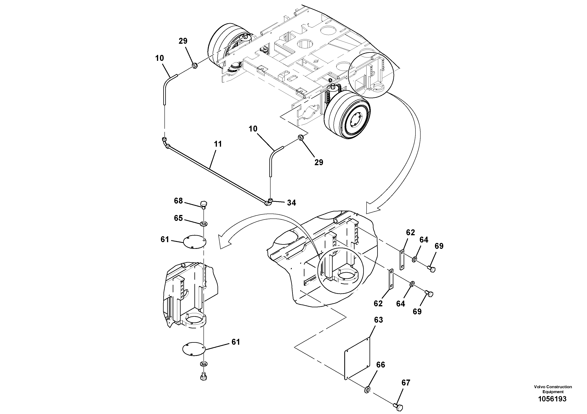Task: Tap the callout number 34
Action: [x=291, y=203]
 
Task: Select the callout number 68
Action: [x=178, y=201]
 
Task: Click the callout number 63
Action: [x=378, y=320]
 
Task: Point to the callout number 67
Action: [x=406, y=383]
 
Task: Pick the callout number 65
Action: [x=178, y=218]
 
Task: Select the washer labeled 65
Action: [x=204, y=224]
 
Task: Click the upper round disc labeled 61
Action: [x=195, y=242]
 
